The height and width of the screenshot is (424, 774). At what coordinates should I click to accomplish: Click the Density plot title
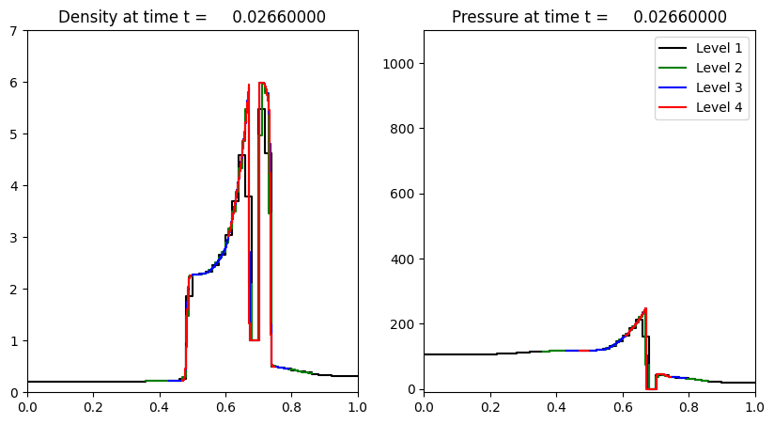pos(193,17)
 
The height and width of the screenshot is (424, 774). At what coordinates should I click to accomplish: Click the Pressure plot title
pos(589,17)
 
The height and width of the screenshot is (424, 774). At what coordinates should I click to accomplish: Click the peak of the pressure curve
pos(645,308)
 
